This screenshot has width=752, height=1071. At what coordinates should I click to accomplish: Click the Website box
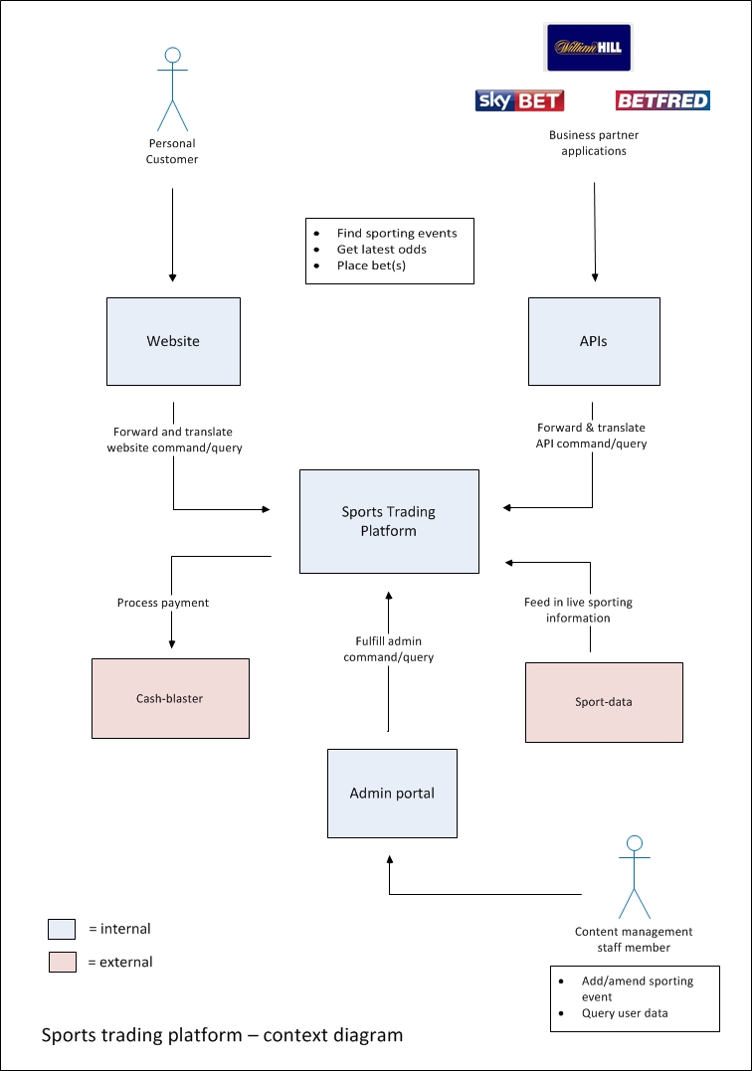click(x=173, y=341)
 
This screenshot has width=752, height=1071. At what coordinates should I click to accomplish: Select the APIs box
click(x=594, y=341)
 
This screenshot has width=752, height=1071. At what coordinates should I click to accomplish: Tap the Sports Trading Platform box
click(x=389, y=522)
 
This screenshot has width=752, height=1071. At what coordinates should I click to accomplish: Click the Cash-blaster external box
click(x=170, y=698)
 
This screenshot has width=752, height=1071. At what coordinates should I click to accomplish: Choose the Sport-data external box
click(x=604, y=702)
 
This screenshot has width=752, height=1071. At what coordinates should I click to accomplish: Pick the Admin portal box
click(x=392, y=793)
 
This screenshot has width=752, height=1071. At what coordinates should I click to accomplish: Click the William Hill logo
click(x=590, y=47)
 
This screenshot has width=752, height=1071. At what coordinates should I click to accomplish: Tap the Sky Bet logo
click(x=519, y=100)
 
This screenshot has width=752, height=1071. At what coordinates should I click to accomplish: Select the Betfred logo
click(x=662, y=100)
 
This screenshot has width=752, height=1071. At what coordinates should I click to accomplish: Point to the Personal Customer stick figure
click(x=172, y=89)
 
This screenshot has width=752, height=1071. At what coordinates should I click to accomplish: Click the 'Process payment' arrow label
click(x=163, y=603)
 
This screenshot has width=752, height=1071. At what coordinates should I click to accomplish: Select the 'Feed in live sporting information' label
click(x=578, y=610)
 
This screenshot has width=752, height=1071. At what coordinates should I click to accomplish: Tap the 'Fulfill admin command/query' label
click(x=389, y=649)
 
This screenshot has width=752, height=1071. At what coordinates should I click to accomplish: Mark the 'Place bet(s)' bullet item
click(x=371, y=266)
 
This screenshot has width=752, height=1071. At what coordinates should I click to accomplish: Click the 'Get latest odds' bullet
click(x=381, y=250)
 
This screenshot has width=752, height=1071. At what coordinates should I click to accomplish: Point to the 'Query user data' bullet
click(x=625, y=1013)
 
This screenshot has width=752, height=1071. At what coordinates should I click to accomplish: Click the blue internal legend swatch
click(x=62, y=930)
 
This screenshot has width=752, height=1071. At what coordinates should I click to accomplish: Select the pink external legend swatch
click(x=62, y=963)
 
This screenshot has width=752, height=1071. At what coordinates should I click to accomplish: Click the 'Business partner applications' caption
click(x=594, y=143)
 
